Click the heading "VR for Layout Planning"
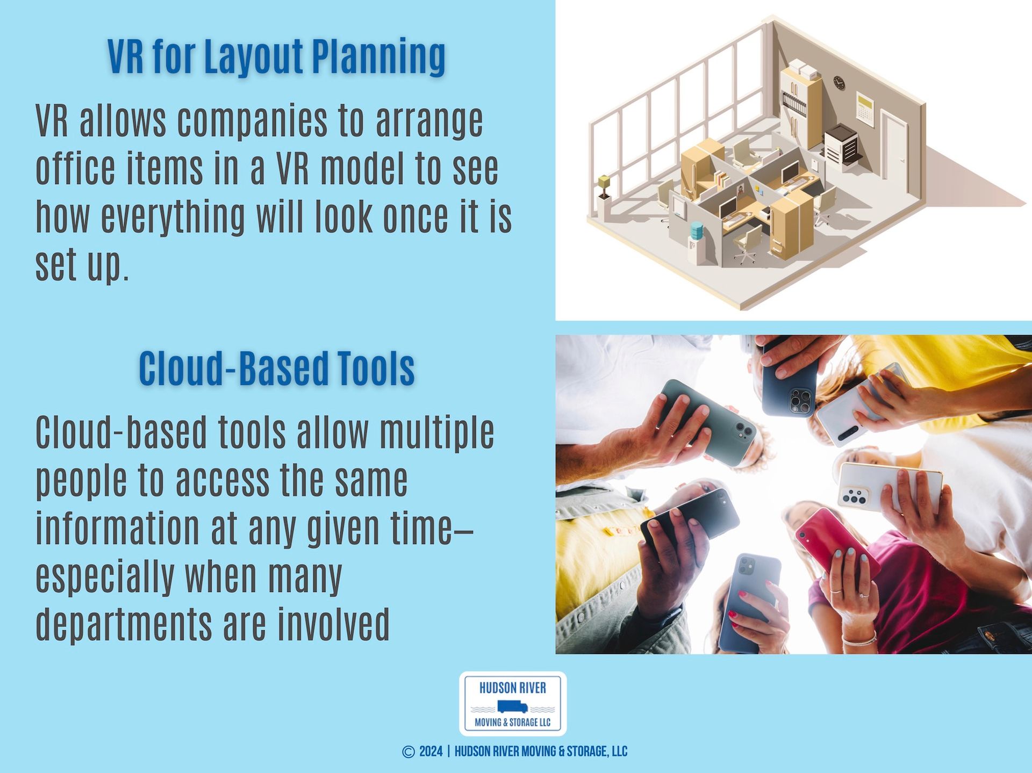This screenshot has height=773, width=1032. [276, 56]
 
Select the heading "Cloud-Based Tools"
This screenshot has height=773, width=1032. [277, 369]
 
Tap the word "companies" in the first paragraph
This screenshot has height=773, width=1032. [252, 121]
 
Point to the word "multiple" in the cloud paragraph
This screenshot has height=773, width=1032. [437, 433]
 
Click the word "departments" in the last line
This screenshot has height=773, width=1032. [124, 624]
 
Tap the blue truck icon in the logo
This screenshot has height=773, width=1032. [512, 707]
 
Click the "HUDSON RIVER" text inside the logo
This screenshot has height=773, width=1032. [513, 688]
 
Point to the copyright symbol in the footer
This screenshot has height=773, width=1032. [408, 752]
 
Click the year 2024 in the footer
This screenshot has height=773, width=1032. [431, 752]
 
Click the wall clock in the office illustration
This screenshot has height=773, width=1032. [839, 83]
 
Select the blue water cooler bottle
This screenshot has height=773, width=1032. [697, 230]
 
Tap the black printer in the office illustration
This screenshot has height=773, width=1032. [842, 143]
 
